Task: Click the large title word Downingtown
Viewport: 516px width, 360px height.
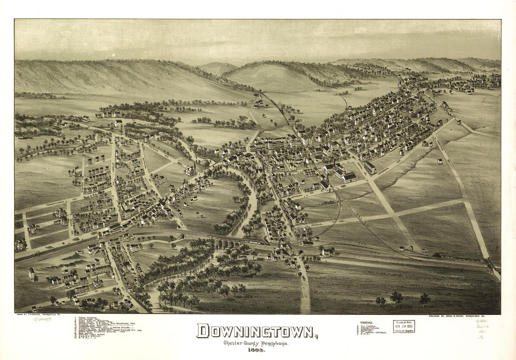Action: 257,331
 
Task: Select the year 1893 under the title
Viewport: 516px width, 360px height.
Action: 257,350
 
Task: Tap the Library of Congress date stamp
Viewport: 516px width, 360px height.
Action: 404,326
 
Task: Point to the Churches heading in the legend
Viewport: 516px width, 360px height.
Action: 367,323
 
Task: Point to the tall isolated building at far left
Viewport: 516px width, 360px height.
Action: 31,274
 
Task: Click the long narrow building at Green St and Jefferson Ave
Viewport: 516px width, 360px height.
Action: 370,167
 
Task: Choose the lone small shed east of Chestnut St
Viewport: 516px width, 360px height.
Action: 440,161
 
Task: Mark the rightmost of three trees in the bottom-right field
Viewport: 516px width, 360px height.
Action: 425,299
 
